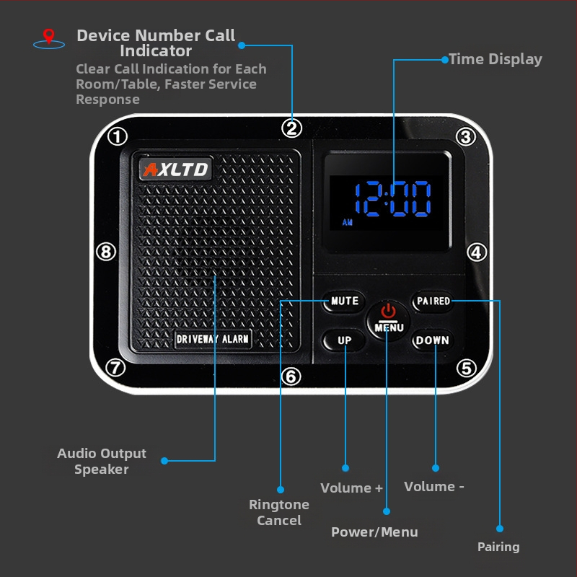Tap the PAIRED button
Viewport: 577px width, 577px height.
pyautogui.click(x=433, y=301)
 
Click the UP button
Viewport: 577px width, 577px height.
pyautogui.click(x=344, y=340)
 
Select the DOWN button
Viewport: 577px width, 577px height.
pyautogui.click(x=433, y=340)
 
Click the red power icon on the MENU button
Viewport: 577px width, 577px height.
pyautogui.click(x=388, y=311)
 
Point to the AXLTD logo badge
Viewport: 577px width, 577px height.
pyautogui.click(x=176, y=169)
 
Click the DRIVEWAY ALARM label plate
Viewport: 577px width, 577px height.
pyautogui.click(x=213, y=339)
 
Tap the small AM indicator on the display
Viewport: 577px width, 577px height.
pyautogui.click(x=348, y=222)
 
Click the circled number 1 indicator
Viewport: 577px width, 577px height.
pyautogui.click(x=118, y=136)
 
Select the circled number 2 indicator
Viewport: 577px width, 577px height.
pyautogui.click(x=292, y=128)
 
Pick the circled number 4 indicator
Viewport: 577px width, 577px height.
pyautogui.click(x=477, y=252)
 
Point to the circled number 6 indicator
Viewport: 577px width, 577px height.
pyautogui.click(x=291, y=376)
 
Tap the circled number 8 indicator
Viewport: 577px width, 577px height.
pyautogui.click(x=106, y=252)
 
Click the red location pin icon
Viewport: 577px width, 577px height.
pyautogui.click(x=48, y=36)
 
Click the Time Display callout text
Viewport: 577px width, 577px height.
pyautogui.click(x=495, y=59)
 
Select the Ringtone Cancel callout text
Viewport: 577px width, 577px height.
pyautogui.click(x=279, y=512)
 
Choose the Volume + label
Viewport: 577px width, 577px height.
pyautogui.click(x=351, y=488)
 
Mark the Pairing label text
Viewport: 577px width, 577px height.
pyautogui.click(x=498, y=547)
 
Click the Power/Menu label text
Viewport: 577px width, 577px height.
pyautogui.click(x=374, y=532)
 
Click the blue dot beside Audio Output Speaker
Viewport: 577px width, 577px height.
pyautogui.click(x=164, y=461)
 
